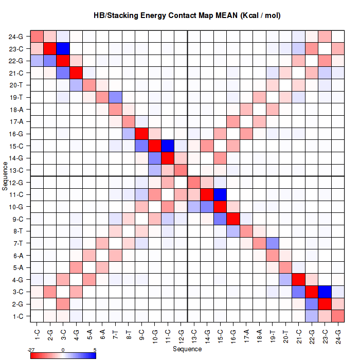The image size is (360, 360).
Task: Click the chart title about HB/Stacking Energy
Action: click(x=187, y=16)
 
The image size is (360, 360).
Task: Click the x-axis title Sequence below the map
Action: click(x=187, y=349)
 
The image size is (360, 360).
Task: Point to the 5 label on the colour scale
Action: click(x=94, y=350)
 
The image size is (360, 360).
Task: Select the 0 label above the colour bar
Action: click(x=63, y=350)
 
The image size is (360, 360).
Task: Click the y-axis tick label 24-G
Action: click(x=15, y=37)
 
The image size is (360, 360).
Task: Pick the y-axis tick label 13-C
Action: click(x=15, y=170)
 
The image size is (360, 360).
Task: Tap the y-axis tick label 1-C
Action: click(x=16, y=316)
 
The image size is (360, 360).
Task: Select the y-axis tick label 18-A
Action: click(x=15, y=110)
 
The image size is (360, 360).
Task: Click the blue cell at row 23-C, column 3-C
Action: click(x=63, y=48)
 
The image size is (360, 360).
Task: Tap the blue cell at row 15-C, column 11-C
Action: click(x=168, y=146)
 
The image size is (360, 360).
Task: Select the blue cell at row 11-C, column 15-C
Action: click(x=221, y=194)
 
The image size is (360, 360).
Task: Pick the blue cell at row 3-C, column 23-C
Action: click(x=325, y=292)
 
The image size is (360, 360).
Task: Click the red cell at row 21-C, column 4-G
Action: click(x=76, y=73)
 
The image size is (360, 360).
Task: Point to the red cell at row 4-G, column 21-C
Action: click(x=299, y=279)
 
